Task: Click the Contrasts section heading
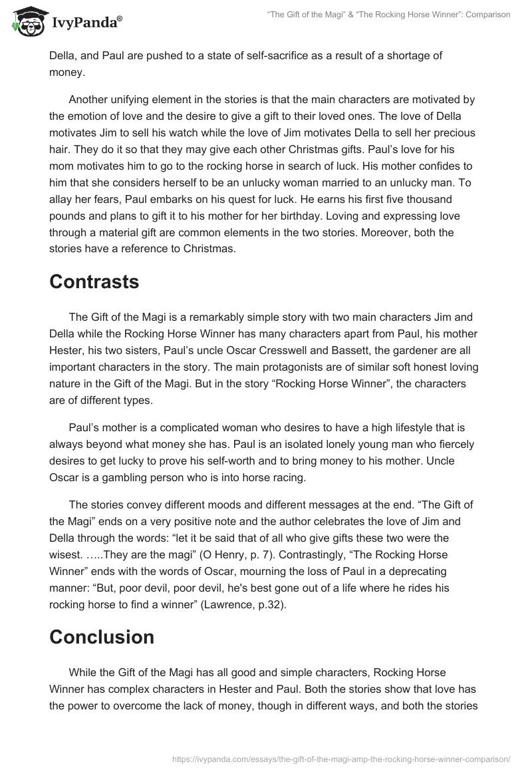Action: [94, 282]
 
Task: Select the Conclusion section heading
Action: [102, 637]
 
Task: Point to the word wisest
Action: [69, 536]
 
